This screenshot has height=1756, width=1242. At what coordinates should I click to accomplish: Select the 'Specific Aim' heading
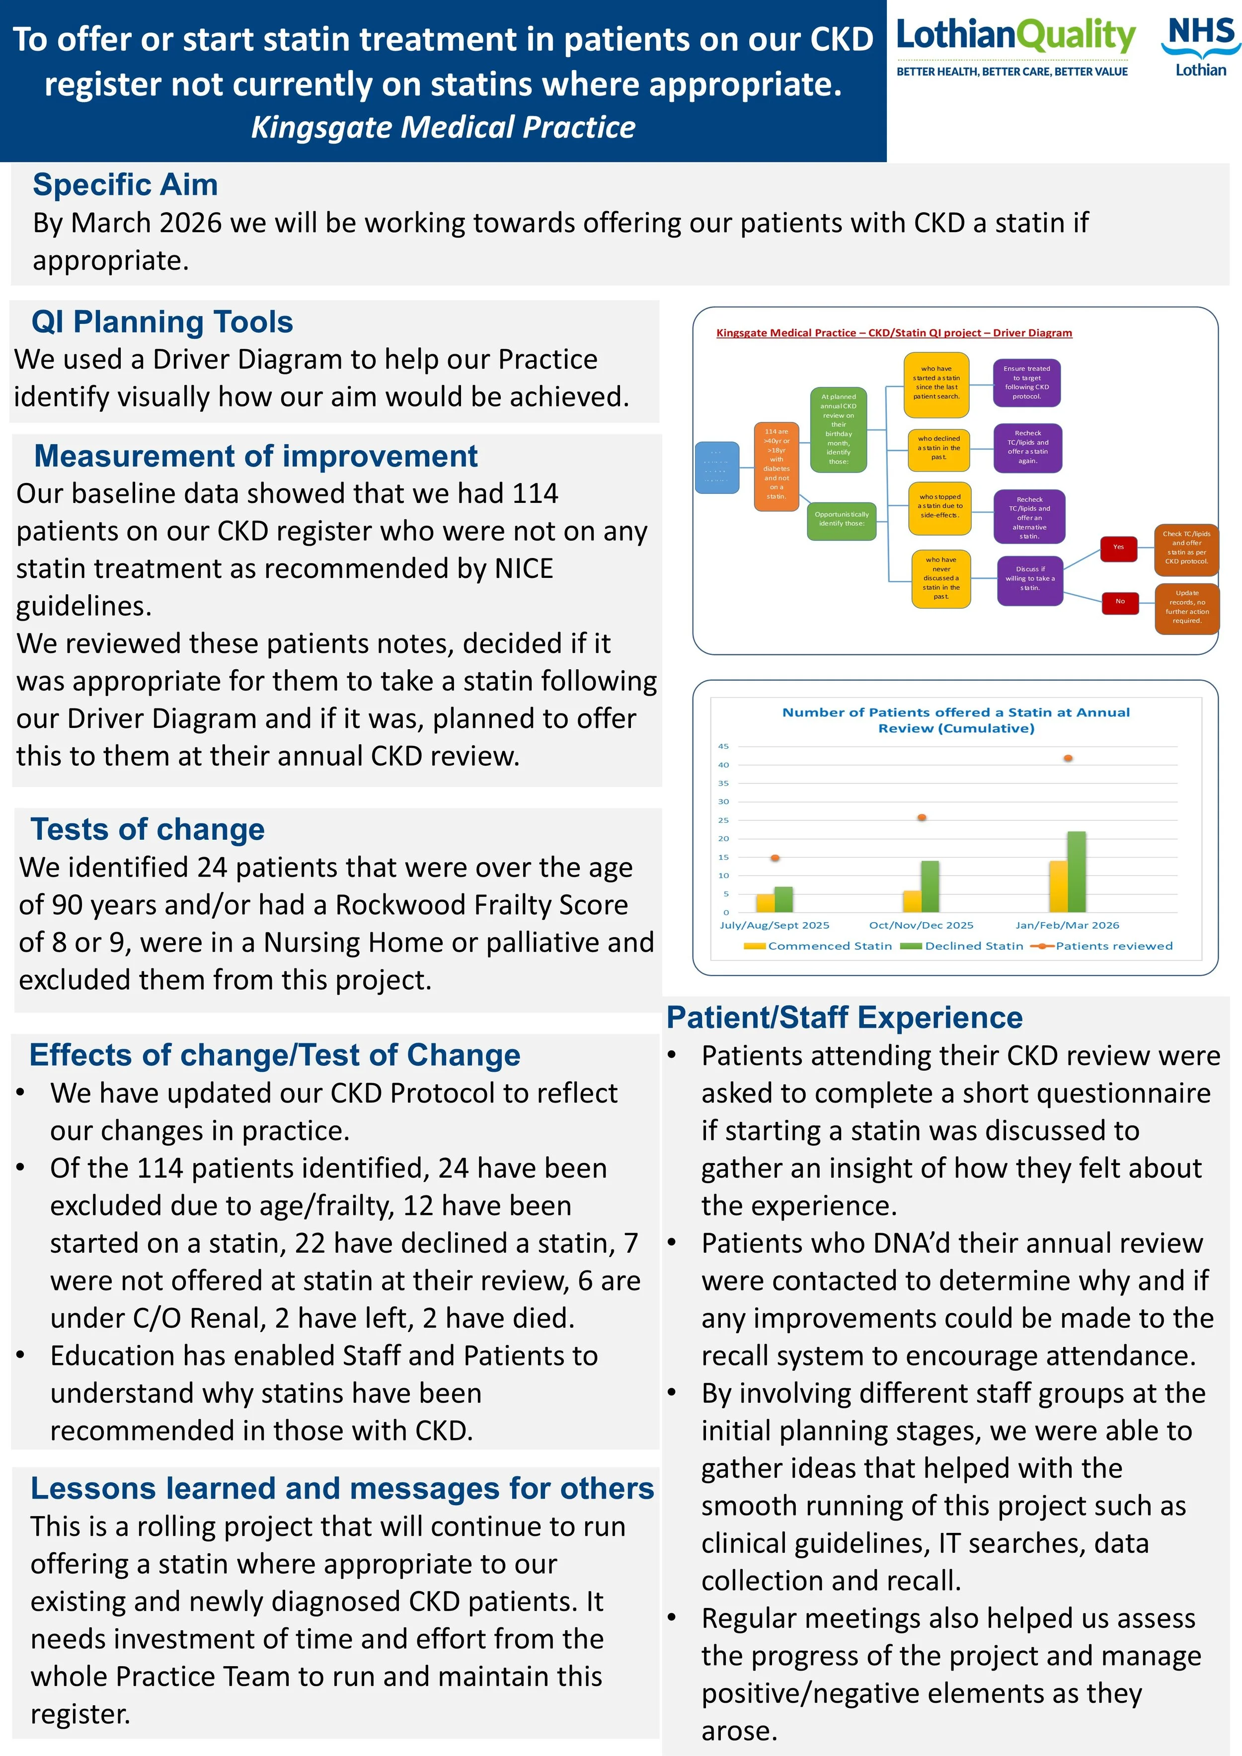[125, 185]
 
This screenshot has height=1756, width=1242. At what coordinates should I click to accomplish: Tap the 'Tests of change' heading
[148, 829]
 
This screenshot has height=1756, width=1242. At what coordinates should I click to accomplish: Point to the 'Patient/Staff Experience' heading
[845, 1017]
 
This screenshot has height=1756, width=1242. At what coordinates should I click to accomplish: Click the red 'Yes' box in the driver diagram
[1118, 548]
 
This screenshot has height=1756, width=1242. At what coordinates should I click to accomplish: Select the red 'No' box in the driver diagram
[1120, 602]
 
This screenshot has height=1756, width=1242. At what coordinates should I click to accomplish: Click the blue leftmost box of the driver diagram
[716, 467]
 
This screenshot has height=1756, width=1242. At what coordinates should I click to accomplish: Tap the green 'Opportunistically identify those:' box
[841, 519]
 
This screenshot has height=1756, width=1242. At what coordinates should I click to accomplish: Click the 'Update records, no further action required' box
[1186, 607]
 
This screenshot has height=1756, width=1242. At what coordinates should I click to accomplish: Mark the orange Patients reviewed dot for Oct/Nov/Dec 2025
[922, 817]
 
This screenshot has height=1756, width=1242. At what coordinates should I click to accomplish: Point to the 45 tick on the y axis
[723, 746]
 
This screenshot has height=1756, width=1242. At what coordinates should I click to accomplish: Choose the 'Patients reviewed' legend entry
[1113, 946]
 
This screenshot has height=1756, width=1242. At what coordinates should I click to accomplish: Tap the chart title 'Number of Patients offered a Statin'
[955, 719]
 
